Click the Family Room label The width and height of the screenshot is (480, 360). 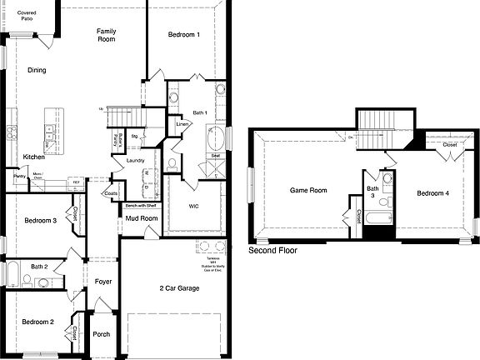106,35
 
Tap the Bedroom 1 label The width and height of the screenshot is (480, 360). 184,35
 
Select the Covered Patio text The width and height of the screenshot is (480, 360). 27,16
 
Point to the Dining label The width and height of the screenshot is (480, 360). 37,71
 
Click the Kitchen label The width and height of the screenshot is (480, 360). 34,157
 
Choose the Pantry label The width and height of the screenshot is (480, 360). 18,176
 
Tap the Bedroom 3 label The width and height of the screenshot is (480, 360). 40,220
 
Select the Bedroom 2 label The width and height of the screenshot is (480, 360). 37,322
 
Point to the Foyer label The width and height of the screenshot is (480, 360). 102,282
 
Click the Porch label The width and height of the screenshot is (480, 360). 102,334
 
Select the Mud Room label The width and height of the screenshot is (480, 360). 141,218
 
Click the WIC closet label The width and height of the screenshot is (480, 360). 194,205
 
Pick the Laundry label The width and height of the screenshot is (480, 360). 137,160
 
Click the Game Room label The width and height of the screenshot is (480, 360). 308,190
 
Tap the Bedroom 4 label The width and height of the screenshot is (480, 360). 433,192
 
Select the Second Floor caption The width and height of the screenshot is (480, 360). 272,250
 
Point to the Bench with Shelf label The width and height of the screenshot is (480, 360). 142,205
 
